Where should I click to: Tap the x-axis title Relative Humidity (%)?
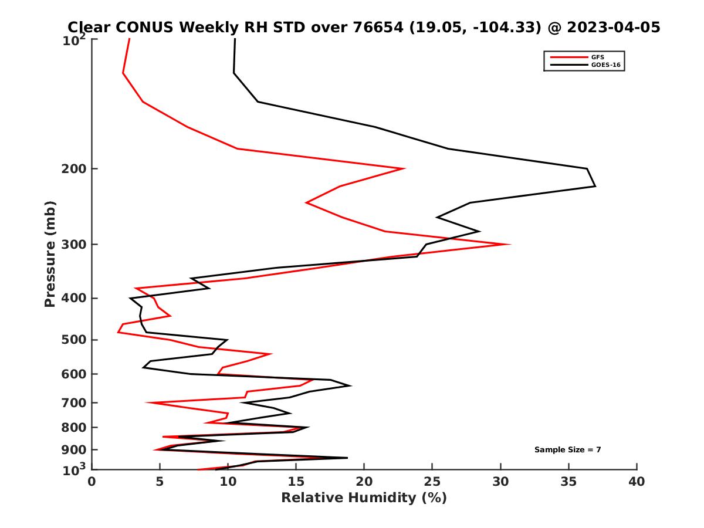pyautogui.click(x=364, y=498)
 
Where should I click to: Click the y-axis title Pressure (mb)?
pyautogui.click(x=50, y=254)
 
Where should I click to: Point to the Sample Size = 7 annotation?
pyautogui.click(x=567, y=450)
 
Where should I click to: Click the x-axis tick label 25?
pyautogui.click(x=432, y=482)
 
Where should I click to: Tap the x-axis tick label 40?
pyautogui.click(x=637, y=482)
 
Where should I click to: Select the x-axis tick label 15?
pyautogui.click(x=296, y=482)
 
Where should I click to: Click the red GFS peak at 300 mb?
pyautogui.click(x=509, y=244)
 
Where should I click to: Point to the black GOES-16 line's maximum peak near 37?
pyautogui.click(x=595, y=186)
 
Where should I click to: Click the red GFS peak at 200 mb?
pyautogui.click(x=404, y=168)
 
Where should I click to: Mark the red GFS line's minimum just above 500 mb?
pyautogui.click(x=119, y=333)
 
